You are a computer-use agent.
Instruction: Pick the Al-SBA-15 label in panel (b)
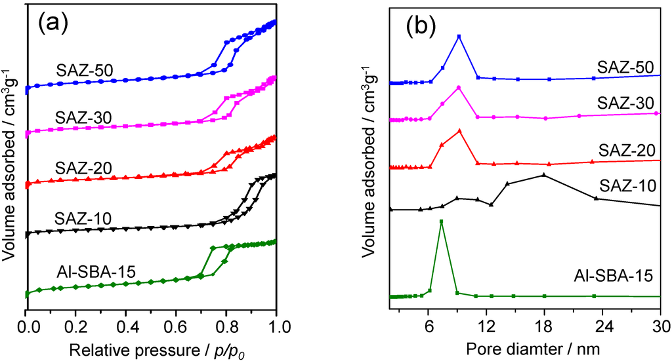point(613,276)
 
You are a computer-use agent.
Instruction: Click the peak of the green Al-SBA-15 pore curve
point(441,221)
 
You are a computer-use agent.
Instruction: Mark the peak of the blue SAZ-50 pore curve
point(459,36)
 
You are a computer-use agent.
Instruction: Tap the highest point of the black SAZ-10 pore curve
point(543,174)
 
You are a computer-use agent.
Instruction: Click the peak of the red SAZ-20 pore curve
point(459,130)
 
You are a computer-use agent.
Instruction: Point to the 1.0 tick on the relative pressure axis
point(276,324)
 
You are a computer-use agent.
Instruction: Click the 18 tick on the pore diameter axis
point(544,324)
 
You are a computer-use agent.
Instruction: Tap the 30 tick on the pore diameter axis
point(660,324)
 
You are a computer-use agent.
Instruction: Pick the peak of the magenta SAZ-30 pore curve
point(459,87)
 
